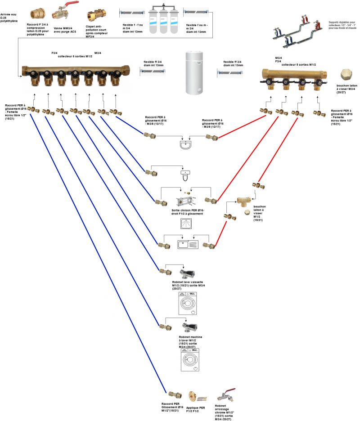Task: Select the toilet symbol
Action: point(185,175)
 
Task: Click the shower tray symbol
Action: point(186,225)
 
